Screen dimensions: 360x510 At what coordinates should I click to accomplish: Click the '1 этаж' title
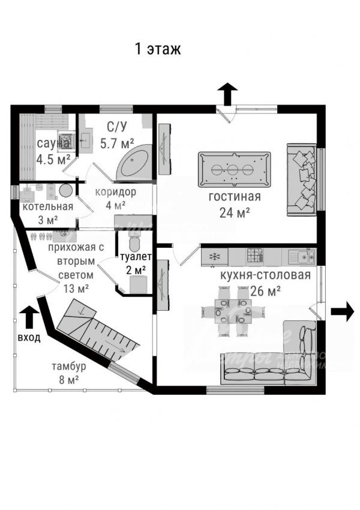[x=158, y=49]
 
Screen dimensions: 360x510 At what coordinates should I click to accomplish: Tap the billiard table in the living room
[x=234, y=169]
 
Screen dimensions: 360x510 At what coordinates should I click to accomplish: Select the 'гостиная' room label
[x=235, y=196]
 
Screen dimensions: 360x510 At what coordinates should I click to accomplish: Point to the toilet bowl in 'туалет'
[x=134, y=242]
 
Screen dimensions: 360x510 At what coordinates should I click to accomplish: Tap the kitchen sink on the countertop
[x=302, y=256]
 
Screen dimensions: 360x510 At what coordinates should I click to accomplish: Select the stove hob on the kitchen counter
[x=255, y=256]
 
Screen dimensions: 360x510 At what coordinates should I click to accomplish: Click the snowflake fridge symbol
[x=215, y=256]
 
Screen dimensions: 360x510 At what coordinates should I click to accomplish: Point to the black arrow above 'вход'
[x=29, y=317]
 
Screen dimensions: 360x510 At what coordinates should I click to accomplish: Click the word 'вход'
[x=29, y=338]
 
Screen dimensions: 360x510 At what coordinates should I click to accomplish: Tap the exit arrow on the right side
[x=343, y=311]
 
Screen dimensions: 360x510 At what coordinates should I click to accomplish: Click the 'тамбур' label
[x=69, y=366]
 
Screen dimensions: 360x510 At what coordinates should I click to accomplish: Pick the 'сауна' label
[x=53, y=143]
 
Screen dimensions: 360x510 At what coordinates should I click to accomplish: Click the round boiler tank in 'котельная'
[x=65, y=190]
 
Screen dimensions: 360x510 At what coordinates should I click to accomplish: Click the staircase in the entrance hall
[x=98, y=334]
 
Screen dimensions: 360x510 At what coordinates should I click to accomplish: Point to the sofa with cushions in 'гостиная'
[x=301, y=180]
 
